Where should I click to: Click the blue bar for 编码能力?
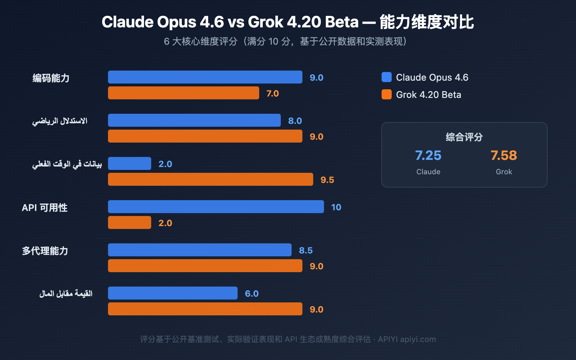tap(205, 77)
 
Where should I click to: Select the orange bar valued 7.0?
tap(184, 93)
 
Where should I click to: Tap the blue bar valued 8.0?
tap(194, 120)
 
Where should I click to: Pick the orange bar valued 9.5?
tap(211, 179)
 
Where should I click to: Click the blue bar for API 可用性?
tap(216, 207)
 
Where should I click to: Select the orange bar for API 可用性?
tap(130, 222)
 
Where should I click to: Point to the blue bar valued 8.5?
tap(200, 250)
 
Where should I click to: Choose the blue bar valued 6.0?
tap(173, 293)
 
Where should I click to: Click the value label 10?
tap(336, 207)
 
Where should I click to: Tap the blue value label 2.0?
tap(165, 164)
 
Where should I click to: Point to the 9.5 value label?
tap(327, 180)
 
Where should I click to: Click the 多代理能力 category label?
tap(45, 251)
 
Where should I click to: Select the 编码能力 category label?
tap(51, 78)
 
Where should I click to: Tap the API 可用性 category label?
tap(45, 207)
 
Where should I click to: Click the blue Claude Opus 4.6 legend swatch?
tap(387, 77)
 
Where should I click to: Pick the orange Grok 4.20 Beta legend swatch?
tap(387, 94)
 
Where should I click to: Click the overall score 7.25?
tap(428, 156)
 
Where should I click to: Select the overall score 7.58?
tap(504, 156)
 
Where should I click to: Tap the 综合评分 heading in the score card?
tap(464, 137)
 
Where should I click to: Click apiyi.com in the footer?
tap(418, 339)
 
